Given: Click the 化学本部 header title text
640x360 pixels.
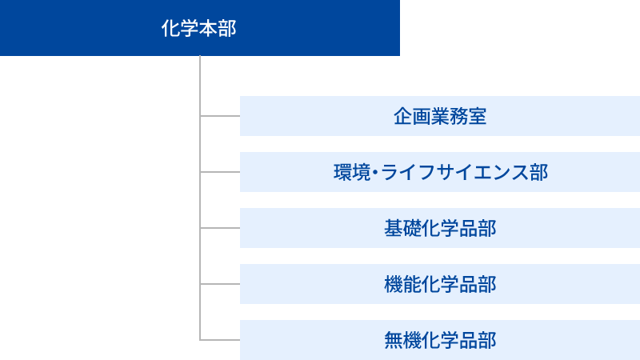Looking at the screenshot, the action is [198, 29].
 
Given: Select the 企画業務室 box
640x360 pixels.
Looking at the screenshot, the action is [440, 116].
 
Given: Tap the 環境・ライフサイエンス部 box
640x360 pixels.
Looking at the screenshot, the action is [440, 172].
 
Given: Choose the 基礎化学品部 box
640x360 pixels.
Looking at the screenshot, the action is [440, 228].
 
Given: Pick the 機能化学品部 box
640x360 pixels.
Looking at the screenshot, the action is [440, 284].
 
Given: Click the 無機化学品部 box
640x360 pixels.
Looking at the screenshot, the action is [440, 340].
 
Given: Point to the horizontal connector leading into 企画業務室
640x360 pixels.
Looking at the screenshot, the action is [220, 116].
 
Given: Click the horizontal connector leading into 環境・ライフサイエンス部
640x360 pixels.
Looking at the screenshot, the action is [220, 172].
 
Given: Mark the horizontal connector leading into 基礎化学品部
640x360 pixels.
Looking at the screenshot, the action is [220, 228].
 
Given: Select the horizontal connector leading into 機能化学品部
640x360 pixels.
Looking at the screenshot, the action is [220, 284].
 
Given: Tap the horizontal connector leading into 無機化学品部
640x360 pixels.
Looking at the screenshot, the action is [220, 340].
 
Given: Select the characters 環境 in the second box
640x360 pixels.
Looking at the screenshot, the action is [352, 172].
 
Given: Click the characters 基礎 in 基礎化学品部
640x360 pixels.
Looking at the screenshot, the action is [402, 228].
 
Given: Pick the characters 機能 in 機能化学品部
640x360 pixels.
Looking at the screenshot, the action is [402, 285].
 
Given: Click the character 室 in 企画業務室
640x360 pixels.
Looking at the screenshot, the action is [478, 116].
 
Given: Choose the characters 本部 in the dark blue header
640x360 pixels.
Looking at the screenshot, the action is [218, 29].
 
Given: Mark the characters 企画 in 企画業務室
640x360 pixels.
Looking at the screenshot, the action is [412, 116].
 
